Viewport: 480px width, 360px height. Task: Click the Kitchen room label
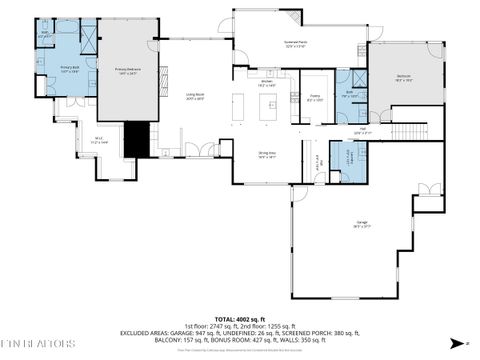[x=267, y=84]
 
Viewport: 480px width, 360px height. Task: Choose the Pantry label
[x=315, y=98]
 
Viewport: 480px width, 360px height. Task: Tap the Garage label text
[x=360, y=226]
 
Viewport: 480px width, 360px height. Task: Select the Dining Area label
[x=267, y=155]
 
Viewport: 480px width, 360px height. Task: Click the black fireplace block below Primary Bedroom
[x=135, y=138]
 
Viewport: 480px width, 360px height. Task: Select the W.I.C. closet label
[x=99, y=141]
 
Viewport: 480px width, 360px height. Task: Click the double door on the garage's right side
[x=429, y=191]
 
